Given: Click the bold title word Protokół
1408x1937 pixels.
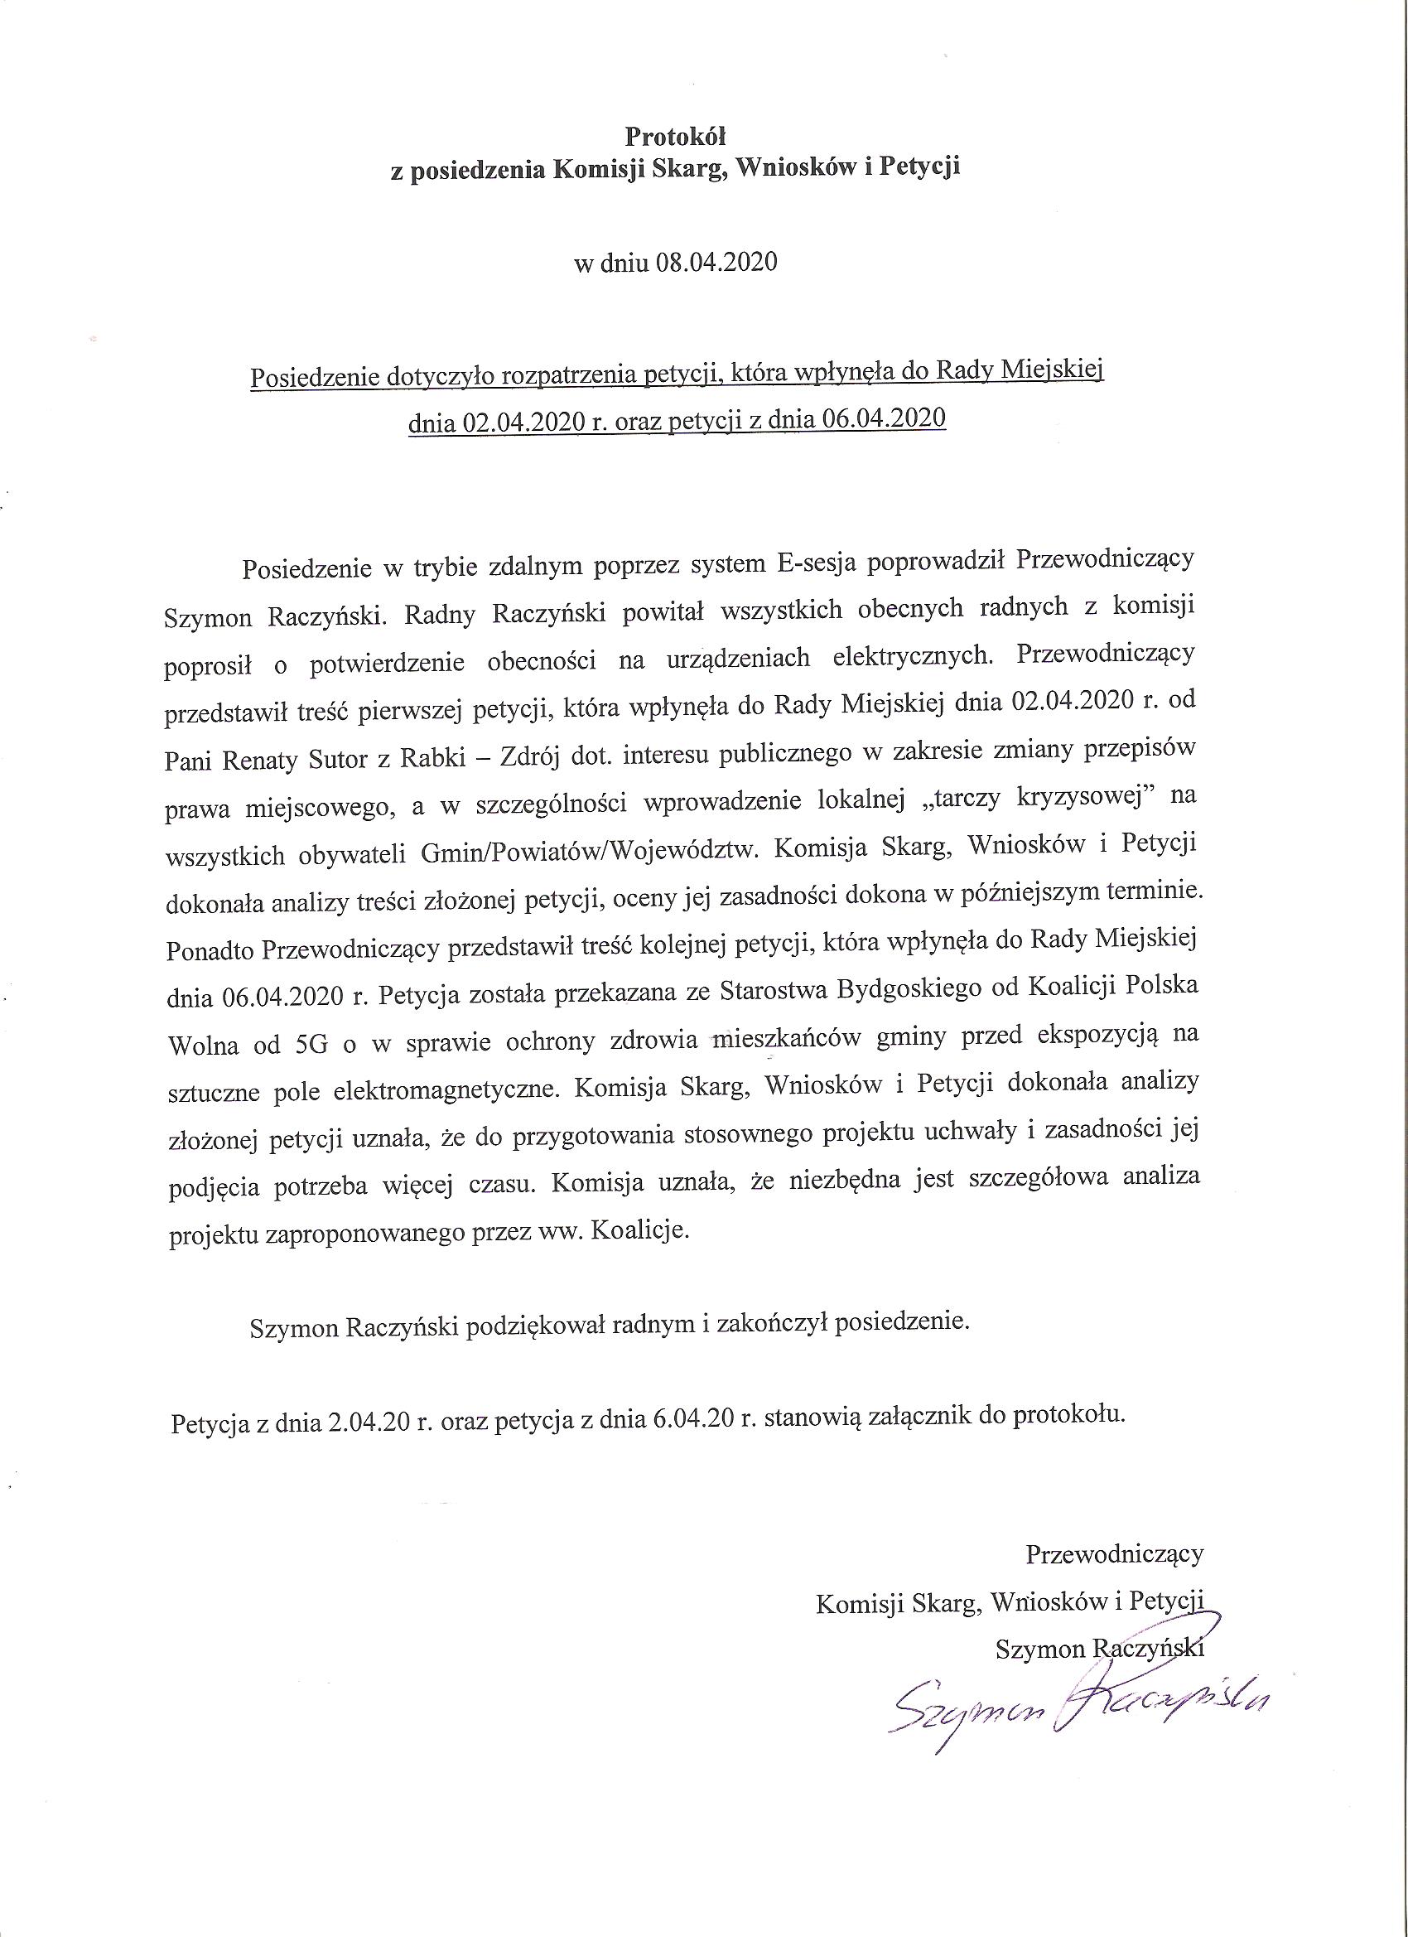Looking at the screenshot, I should tap(675, 137).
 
